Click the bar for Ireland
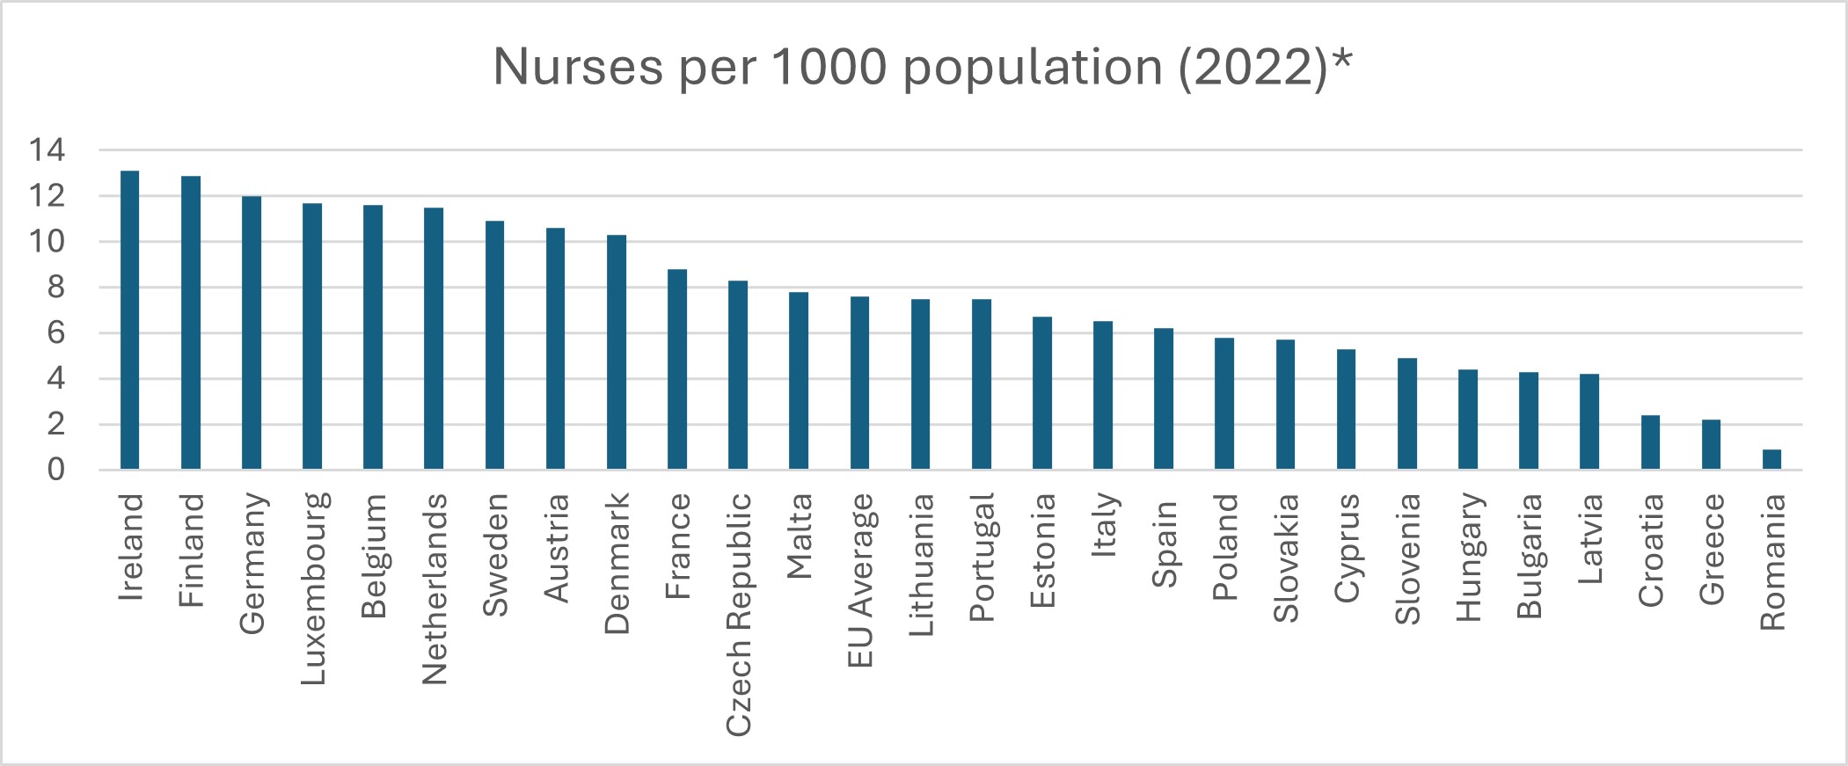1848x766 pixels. click(x=129, y=320)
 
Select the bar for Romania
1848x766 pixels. click(x=1771, y=459)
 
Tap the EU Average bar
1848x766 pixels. click(x=859, y=383)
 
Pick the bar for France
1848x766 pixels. click(x=676, y=369)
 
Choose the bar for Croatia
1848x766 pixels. click(x=1650, y=441)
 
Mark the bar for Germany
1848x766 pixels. click(x=252, y=332)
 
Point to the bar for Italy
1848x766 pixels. click(x=1103, y=395)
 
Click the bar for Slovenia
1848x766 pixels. click(x=1407, y=413)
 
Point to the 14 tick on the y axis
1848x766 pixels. click(x=47, y=150)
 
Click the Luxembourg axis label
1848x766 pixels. click(x=313, y=588)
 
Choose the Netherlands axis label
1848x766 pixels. click(x=435, y=588)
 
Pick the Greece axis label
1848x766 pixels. click(x=1712, y=549)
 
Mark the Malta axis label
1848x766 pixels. click(x=799, y=536)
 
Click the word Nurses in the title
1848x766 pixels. click(x=578, y=67)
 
